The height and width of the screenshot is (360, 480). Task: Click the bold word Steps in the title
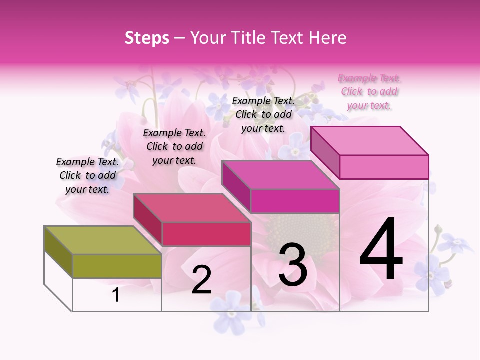147,38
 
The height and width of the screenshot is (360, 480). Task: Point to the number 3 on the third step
293,265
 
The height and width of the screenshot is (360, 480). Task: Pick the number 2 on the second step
202,279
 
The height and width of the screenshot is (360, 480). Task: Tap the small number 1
116,295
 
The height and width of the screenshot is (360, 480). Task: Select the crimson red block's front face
206,234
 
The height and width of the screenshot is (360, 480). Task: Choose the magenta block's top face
280,175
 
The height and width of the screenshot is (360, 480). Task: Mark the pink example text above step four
369,91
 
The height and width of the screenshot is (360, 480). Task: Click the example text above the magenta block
263,114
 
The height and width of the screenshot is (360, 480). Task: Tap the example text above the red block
174,146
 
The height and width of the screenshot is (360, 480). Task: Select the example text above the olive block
87,175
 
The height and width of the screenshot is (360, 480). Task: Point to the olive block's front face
117,266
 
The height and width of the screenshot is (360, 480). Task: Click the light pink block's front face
384,167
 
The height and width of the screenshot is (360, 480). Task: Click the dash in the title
180,38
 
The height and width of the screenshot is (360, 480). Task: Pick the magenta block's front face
295,201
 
